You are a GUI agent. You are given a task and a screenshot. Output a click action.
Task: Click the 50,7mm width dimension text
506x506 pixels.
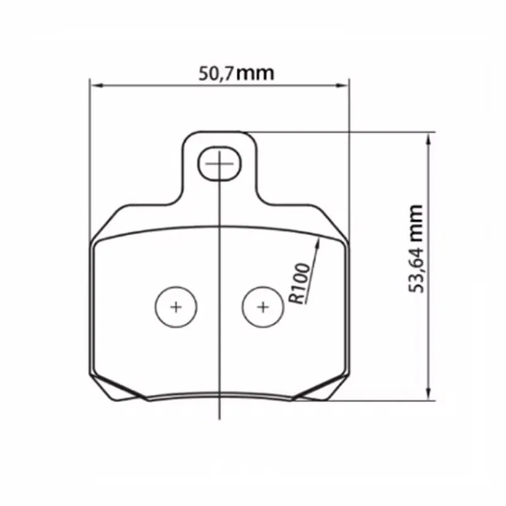pos(237,73)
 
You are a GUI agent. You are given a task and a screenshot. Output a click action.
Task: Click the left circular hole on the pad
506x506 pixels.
pos(176,307)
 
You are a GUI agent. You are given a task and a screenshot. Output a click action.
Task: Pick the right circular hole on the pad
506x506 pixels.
pos(263,307)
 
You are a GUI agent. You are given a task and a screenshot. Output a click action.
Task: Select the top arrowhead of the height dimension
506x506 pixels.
pos(430,137)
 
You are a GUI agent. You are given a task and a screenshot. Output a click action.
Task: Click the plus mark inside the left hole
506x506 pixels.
pos(176,307)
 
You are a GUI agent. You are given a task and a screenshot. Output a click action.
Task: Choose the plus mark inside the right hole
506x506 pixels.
pos(263,307)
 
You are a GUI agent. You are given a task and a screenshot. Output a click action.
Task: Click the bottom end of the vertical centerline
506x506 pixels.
pos(219,417)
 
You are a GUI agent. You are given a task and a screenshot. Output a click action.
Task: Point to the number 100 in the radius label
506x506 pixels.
pos(300,278)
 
